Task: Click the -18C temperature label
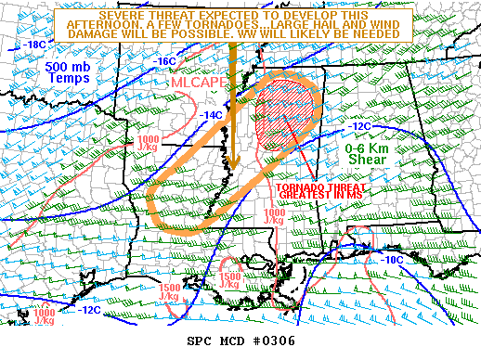coord(35,44)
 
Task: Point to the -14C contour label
coord(213,114)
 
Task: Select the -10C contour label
coord(394,260)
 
